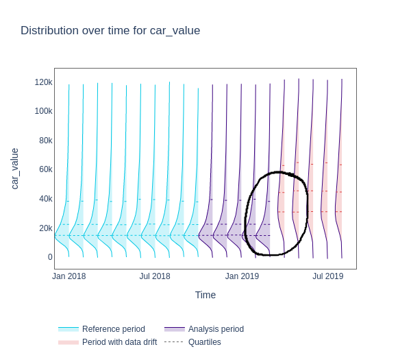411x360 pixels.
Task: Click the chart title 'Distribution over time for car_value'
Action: [x=110, y=30]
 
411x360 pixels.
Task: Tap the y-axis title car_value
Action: [x=14, y=169]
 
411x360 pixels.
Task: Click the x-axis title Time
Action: [x=206, y=295]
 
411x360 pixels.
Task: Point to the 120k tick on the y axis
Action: [x=43, y=82]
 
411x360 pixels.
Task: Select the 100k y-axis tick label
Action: [x=43, y=111]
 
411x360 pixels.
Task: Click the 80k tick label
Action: [x=45, y=141]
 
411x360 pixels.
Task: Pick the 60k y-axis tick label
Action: [x=45, y=169]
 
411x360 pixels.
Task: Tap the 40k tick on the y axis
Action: [x=45, y=199]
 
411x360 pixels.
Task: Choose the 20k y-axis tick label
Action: [x=45, y=228]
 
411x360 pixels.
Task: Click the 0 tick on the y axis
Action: [x=50, y=257]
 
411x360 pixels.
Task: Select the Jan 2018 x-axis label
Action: [x=69, y=276]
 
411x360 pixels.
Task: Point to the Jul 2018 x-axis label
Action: [x=155, y=276]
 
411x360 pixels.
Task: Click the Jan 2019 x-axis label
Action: [x=242, y=276]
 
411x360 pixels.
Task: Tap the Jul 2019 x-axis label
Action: [x=328, y=276]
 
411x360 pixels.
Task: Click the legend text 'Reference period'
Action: [x=113, y=329]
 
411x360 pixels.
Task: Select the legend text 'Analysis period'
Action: [x=216, y=329]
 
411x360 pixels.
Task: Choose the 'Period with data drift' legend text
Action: [x=119, y=342]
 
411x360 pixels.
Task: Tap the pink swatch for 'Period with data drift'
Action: [x=68, y=342]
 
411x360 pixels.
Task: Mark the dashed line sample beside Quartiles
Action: [x=174, y=342]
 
